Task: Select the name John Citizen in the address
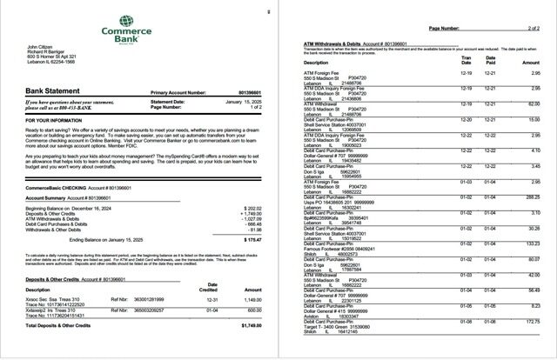pyautogui.click(x=41, y=47)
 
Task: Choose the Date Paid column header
pyautogui.click(x=490, y=59)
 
